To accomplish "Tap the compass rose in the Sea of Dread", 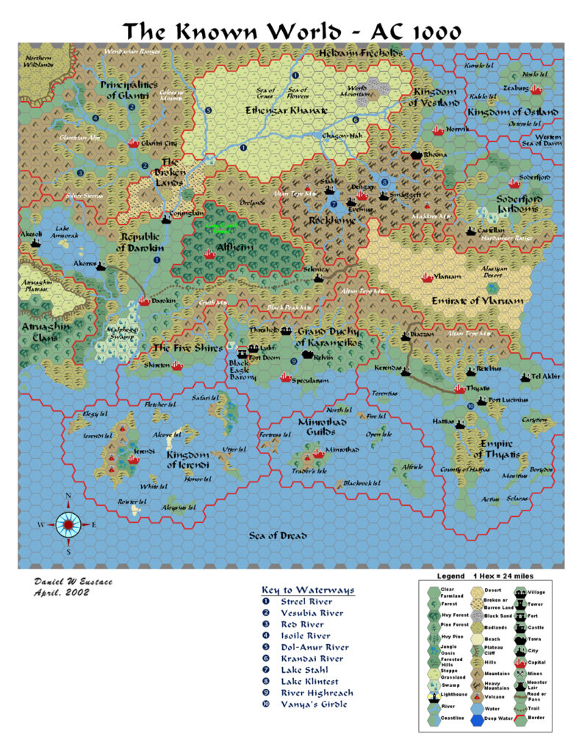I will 68,524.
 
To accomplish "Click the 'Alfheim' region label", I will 234,248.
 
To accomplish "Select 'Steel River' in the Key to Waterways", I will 306,602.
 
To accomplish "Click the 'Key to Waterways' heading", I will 308,590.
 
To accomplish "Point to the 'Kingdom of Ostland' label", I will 513,112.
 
